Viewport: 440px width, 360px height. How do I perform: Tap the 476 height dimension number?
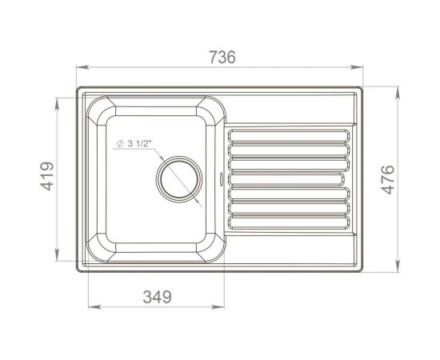(386, 181)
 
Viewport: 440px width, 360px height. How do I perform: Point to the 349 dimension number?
(157, 297)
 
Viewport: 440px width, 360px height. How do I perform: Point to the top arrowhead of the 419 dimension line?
(57, 99)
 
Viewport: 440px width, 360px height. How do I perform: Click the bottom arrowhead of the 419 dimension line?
(57, 259)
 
